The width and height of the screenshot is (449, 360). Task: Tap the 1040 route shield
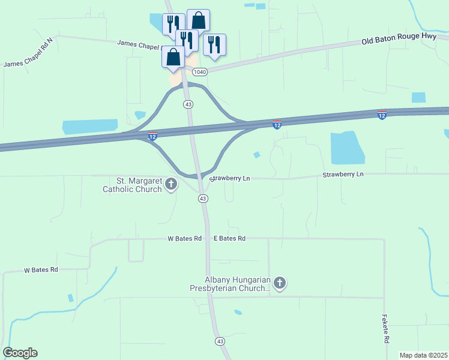[200, 72]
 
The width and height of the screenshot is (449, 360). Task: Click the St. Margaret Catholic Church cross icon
[171, 184]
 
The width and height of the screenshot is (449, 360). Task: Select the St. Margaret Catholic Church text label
[132, 185]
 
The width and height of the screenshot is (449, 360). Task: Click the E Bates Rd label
[230, 238]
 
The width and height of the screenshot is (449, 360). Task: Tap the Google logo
[20, 353]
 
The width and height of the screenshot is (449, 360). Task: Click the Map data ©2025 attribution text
[423, 355]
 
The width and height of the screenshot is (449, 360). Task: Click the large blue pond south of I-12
[347, 148]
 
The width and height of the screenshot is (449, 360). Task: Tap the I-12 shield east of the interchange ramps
[277, 125]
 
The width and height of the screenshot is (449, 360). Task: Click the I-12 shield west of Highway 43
[153, 137]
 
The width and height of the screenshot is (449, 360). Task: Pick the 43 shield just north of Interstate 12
[188, 104]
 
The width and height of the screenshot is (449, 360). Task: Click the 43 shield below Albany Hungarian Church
[220, 341]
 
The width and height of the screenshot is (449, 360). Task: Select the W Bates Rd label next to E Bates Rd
[184, 238]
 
